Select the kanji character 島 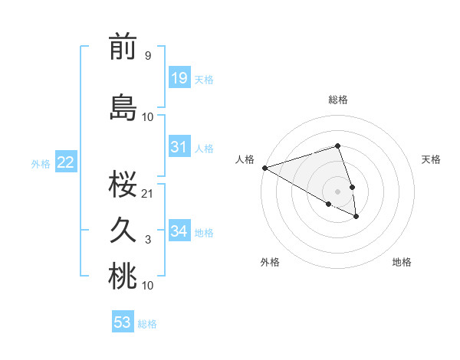123,107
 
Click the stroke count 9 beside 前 147,55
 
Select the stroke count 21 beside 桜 148,193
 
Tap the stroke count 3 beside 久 147,240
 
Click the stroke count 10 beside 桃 148,286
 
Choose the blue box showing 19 179,77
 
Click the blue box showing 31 179,147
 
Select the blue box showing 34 179,231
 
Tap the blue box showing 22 65,162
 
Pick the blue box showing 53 122,322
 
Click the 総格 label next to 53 147,324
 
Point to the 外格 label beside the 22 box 41,163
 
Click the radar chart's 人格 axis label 245,159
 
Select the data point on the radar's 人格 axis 264,168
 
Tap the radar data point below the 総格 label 337,146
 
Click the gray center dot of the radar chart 337,191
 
